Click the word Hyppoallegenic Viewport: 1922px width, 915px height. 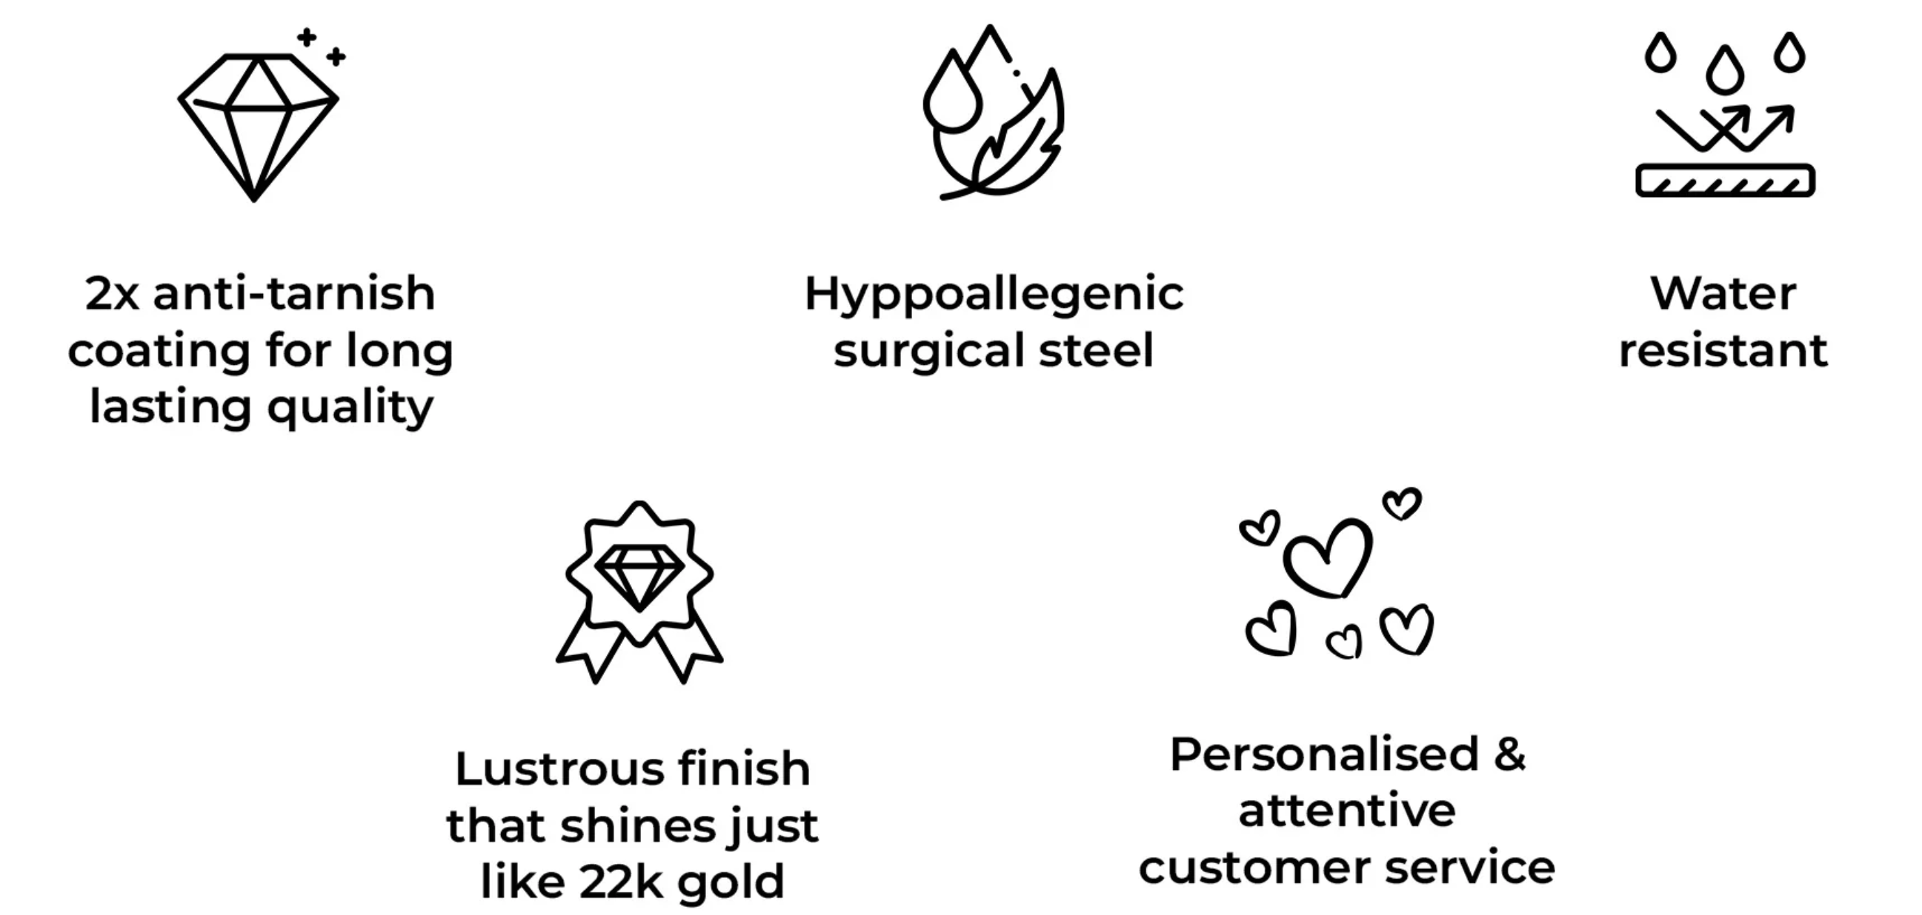pyautogui.click(x=994, y=295)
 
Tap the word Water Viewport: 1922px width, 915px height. pyautogui.click(x=1723, y=293)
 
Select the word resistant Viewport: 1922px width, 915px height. pyautogui.click(x=1723, y=350)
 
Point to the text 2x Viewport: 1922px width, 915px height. pyautogui.click(x=112, y=293)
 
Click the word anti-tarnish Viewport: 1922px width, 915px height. pyautogui.click(x=294, y=293)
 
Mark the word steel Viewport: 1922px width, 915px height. pyautogui.click(x=1096, y=350)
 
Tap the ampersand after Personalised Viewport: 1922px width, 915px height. pyautogui.click(x=1509, y=754)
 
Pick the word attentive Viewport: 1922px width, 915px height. pyautogui.click(x=1347, y=811)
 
